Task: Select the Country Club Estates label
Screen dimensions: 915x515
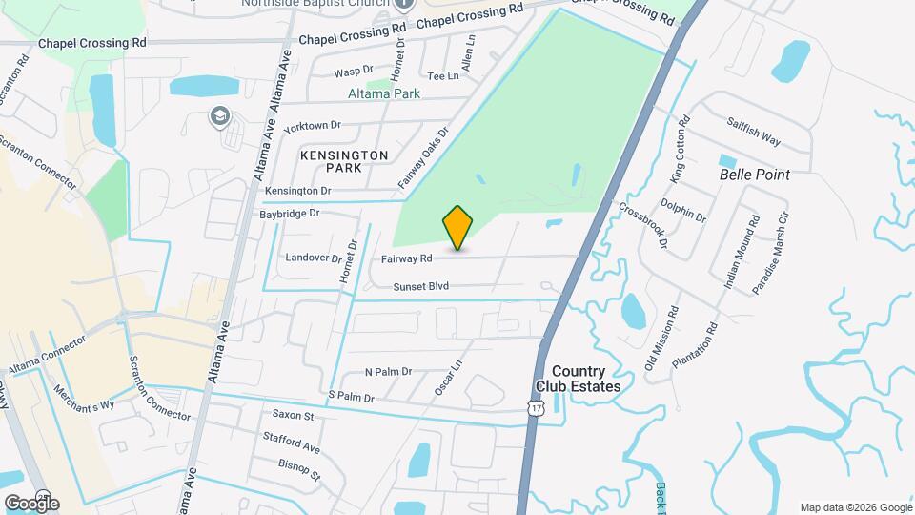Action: pos(578,379)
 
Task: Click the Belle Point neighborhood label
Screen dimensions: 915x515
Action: pos(755,175)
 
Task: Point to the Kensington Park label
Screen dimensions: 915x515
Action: pos(331,161)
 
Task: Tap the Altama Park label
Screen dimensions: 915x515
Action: pos(385,95)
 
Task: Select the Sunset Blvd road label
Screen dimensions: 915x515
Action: pos(420,286)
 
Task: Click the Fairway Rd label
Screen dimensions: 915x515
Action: pos(407,258)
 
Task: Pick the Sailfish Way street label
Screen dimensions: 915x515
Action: pos(753,133)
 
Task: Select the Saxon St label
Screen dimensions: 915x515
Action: pos(293,415)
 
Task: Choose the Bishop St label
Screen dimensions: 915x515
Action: pos(299,469)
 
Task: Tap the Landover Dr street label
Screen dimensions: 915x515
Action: pos(314,257)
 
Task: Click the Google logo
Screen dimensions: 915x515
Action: pos(31,503)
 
